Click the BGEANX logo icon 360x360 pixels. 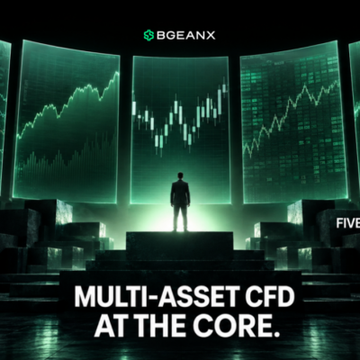click(148, 35)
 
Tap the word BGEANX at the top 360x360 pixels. click(186, 35)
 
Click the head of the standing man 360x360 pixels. click(180, 175)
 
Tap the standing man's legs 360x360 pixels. click(180, 217)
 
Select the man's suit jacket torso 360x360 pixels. click(180, 193)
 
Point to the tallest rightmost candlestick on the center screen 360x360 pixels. click(224, 87)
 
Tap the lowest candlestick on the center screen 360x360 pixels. click(157, 140)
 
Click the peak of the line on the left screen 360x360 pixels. click(116, 72)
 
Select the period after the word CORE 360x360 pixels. click(272, 333)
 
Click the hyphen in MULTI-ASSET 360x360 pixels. click(143, 298)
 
